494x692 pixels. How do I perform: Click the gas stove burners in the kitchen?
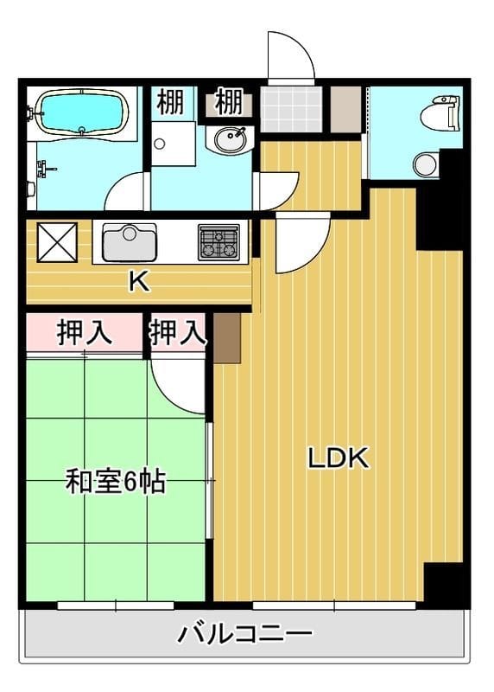(x=218, y=241)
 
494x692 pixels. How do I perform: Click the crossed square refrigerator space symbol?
(x=57, y=242)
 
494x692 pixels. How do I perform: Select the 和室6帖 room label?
(x=116, y=482)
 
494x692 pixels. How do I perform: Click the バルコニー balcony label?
(x=244, y=635)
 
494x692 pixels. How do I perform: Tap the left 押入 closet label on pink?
(x=85, y=333)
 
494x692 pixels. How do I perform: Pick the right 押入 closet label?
(x=178, y=333)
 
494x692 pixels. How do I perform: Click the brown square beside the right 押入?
(x=226, y=337)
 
